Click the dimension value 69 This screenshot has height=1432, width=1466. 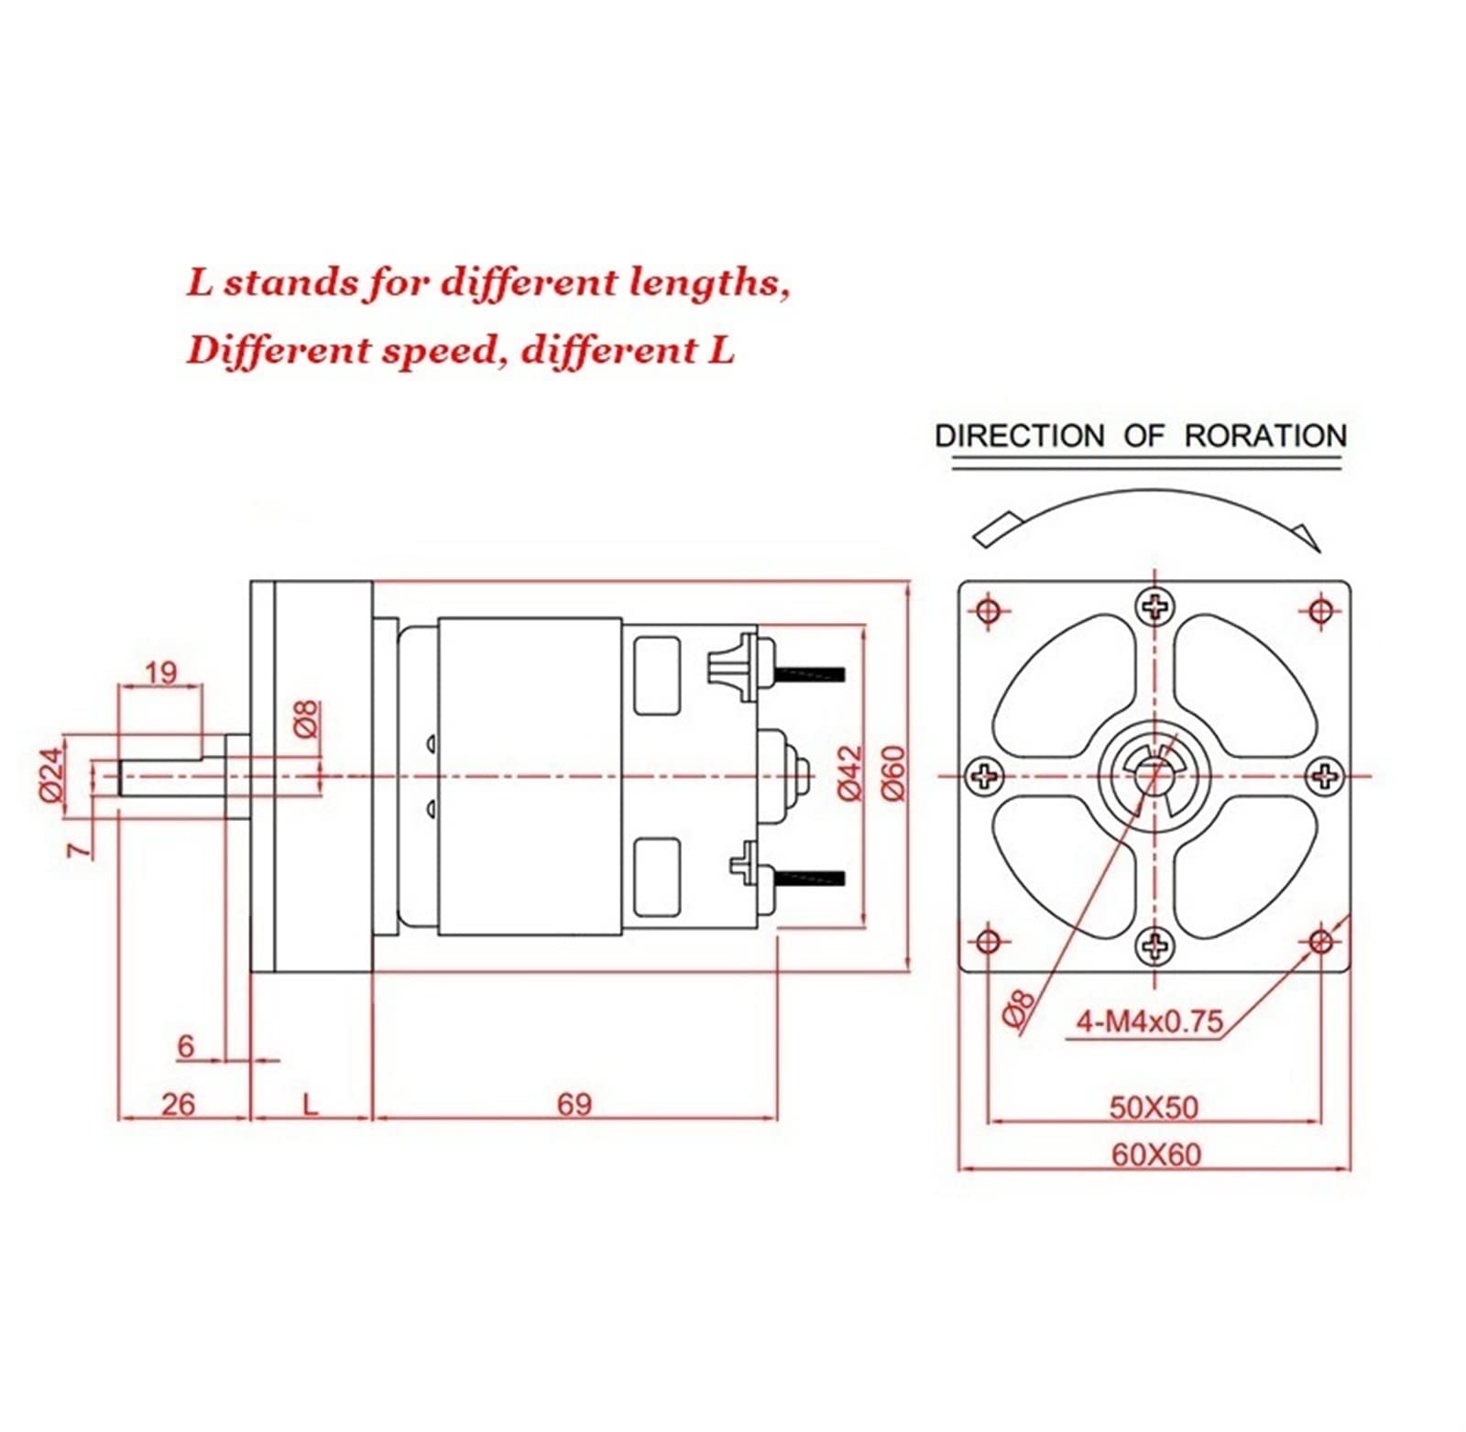[574, 1104]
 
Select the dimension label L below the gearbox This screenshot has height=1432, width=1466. [311, 1104]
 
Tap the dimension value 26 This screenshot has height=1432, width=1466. [178, 1104]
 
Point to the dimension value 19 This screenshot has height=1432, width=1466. [160, 672]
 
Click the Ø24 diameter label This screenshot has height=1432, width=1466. [53, 775]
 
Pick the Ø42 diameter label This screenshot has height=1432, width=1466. [850, 773]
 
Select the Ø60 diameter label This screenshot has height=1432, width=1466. [892, 773]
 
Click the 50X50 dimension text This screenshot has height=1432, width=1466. [1154, 1108]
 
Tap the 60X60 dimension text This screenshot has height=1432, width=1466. [1155, 1154]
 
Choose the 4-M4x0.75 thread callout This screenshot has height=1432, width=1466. [1149, 1021]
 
